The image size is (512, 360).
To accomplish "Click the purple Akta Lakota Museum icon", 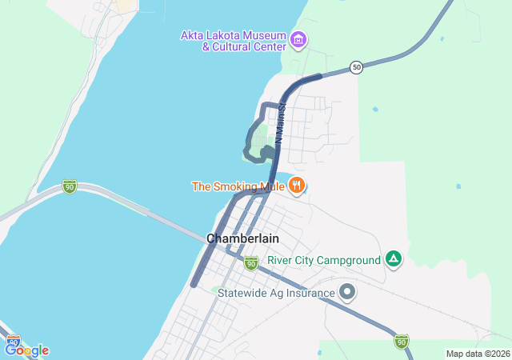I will pyautogui.click(x=298, y=39).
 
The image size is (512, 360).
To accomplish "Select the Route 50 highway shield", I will pyautogui.click(x=357, y=68).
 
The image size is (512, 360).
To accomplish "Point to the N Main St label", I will pyautogui.click(x=279, y=127).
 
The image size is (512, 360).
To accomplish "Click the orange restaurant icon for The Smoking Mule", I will pyautogui.click(x=297, y=186).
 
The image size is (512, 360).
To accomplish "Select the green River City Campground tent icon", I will pyautogui.click(x=393, y=259).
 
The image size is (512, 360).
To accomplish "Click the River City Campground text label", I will pyautogui.click(x=323, y=260).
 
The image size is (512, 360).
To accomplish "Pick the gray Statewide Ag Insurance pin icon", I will pyautogui.click(x=347, y=292).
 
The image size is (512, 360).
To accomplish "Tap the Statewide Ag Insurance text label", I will pyautogui.click(x=276, y=293).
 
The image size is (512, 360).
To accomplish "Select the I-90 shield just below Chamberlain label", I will pyautogui.click(x=251, y=262).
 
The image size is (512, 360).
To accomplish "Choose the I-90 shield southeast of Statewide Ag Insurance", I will pyautogui.click(x=401, y=342).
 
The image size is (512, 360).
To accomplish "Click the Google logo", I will pyautogui.click(x=26, y=350).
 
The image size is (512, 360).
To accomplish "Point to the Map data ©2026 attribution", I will pyautogui.click(x=478, y=354).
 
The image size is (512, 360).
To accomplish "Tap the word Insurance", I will pyautogui.click(x=310, y=293).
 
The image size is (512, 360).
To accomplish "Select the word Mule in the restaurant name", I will pyautogui.click(x=272, y=187).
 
